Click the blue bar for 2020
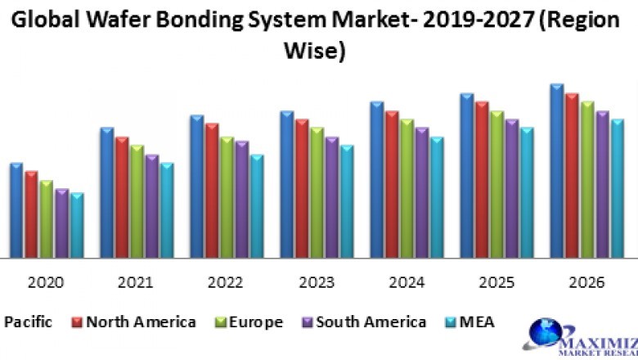[x=16, y=211]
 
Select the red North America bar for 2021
[x=121, y=198]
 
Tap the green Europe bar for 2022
[x=227, y=198]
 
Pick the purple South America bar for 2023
[x=331, y=198]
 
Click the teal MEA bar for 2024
[x=437, y=198]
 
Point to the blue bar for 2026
[x=556, y=172]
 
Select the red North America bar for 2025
[x=482, y=180]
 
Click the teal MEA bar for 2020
[x=77, y=226]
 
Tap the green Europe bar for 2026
[x=586, y=180]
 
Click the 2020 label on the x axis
[x=45, y=282]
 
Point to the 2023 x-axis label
[x=317, y=282]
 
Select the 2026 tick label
[x=586, y=282]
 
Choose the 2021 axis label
[x=135, y=282]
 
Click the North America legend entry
[x=140, y=322]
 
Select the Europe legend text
[x=256, y=322]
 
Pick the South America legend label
[x=371, y=322]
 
